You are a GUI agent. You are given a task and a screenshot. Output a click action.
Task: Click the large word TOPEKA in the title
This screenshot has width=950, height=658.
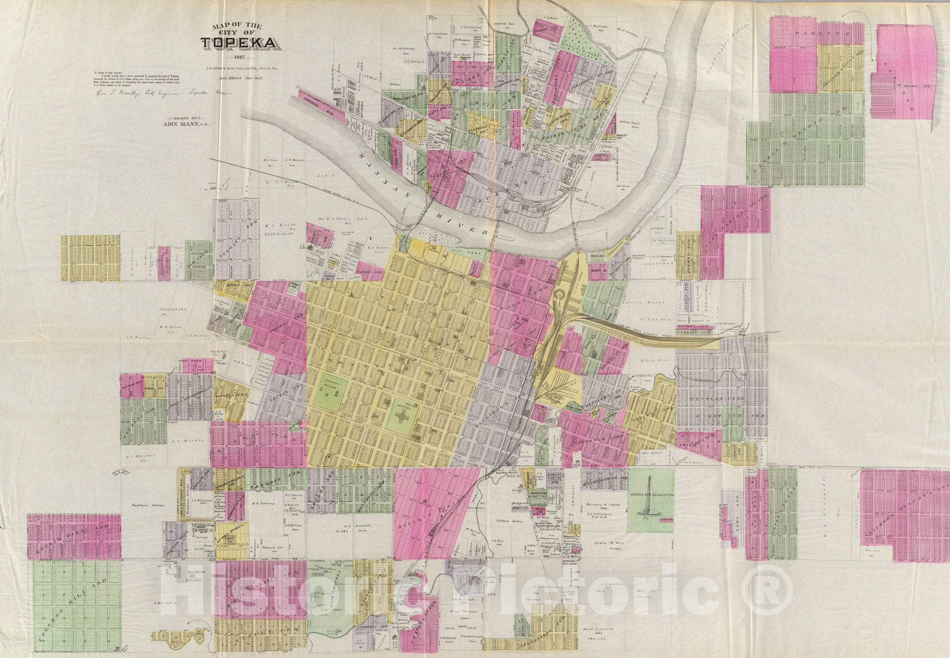[x=237, y=43]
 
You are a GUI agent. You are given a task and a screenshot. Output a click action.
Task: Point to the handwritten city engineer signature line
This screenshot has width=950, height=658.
[x=160, y=93]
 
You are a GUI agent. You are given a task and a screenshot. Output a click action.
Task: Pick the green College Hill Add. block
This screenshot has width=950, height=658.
[x=74, y=602]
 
